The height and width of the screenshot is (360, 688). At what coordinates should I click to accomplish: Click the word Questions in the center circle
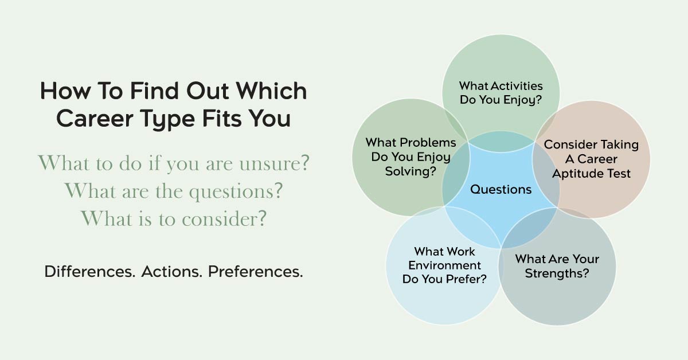(501, 190)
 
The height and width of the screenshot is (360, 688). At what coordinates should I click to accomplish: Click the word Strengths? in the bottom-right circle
(557, 273)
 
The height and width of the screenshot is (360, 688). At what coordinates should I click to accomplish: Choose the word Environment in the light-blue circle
(444, 265)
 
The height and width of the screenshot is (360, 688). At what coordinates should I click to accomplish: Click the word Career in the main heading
(95, 119)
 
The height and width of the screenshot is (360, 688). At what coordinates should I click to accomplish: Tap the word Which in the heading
(271, 91)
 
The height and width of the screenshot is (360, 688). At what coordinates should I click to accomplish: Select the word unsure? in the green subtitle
(274, 163)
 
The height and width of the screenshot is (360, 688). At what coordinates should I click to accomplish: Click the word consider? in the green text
(224, 219)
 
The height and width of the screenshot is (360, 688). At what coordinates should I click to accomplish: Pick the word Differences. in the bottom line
(89, 272)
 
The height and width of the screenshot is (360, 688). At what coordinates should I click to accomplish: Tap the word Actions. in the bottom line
(171, 272)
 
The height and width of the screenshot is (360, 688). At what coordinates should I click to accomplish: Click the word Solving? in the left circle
(411, 171)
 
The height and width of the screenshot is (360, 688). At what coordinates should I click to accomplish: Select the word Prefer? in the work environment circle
(466, 279)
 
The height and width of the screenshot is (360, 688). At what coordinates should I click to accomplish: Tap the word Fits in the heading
(222, 119)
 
